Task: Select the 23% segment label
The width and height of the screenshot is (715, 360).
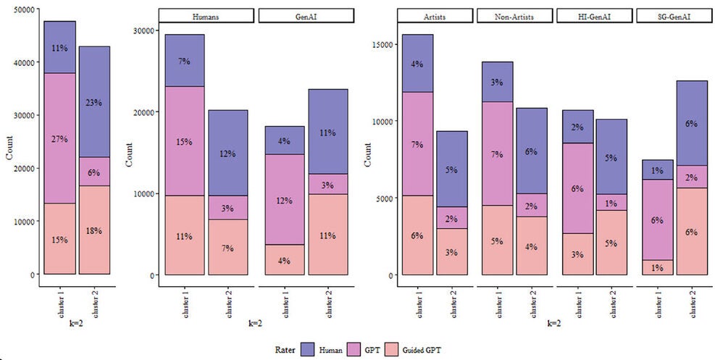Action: point(94,102)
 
